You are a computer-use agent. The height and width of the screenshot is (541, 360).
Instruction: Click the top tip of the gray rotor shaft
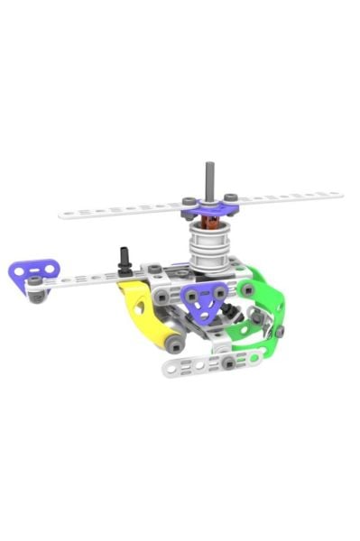click(x=208, y=165)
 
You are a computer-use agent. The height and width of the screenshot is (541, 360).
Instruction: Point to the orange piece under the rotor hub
click(x=208, y=222)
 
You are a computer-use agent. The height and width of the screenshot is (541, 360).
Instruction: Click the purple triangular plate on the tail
click(x=33, y=270)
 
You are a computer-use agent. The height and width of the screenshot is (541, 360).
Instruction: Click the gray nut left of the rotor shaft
click(x=188, y=201)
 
